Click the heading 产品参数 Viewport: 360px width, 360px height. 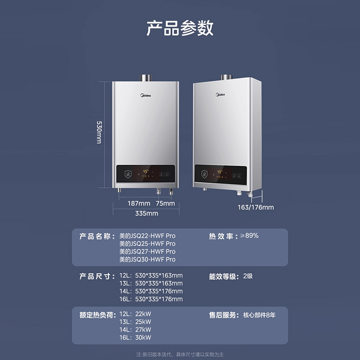pyautogui.click(x=180, y=28)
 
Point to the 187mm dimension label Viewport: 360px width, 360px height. pyautogui.click(x=139, y=203)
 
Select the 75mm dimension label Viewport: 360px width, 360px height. pyautogui.click(x=165, y=203)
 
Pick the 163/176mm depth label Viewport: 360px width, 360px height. pyautogui.click(x=256, y=207)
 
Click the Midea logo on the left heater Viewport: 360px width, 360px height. pyautogui.click(x=145, y=95)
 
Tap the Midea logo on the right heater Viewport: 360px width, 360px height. pyautogui.click(x=220, y=94)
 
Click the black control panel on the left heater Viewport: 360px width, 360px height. pyautogui.click(x=145, y=174)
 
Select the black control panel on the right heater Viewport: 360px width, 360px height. pyautogui.click(x=220, y=173)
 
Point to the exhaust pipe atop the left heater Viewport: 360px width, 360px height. pyautogui.click(x=145, y=78)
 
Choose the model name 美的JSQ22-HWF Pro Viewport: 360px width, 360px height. pyautogui.click(x=147, y=236)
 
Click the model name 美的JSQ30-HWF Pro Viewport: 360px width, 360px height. pyautogui.click(x=147, y=260)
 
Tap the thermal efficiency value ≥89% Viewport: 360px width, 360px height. pyautogui.click(x=251, y=236)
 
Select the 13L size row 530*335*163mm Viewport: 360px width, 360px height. pyautogui.click(x=151, y=283)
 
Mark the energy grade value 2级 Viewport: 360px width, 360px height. pyautogui.click(x=248, y=276)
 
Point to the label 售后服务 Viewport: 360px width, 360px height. pyautogui.click(x=223, y=315)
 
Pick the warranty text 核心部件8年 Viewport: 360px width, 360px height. pyautogui.click(x=259, y=315)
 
